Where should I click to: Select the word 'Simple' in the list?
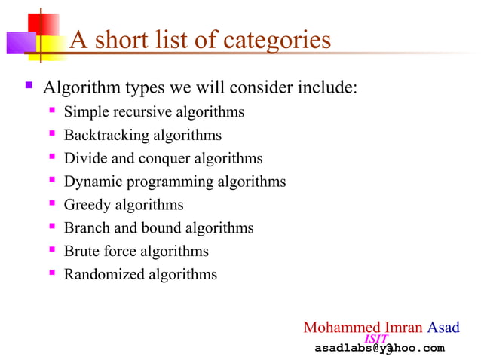(x=87, y=112)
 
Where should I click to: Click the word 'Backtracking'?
(x=106, y=136)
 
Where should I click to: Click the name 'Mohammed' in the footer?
(x=338, y=328)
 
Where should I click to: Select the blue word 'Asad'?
(x=443, y=328)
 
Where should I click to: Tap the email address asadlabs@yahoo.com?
(x=379, y=348)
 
